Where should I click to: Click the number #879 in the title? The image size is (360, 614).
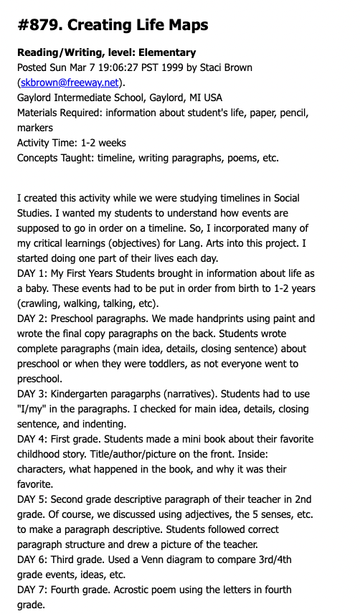point(39,25)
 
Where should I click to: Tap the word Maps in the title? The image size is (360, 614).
point(186,25)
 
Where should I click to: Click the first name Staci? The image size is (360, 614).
point(222,67)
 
